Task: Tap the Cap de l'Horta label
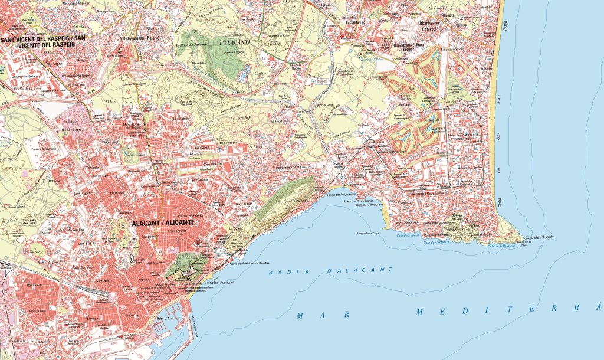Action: pos(539,238)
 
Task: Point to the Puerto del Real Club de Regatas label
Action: pos(253,264)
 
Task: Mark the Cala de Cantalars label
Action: pos(436,242)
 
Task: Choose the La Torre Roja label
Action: pos(241,118)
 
